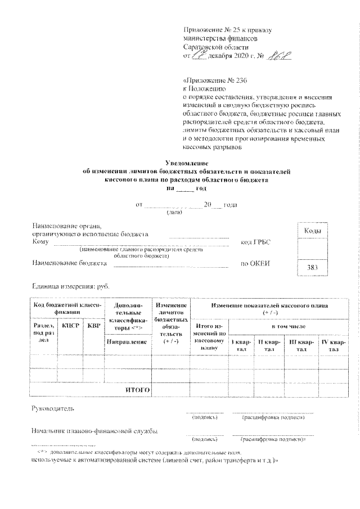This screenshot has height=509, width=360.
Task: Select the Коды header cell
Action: (313, 231)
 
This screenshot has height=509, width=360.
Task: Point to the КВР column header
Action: (91, 326)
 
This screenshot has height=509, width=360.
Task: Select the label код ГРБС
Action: (255, 242)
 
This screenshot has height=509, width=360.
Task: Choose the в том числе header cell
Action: (288, 326)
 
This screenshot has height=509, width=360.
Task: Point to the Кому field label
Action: (40, 242)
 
